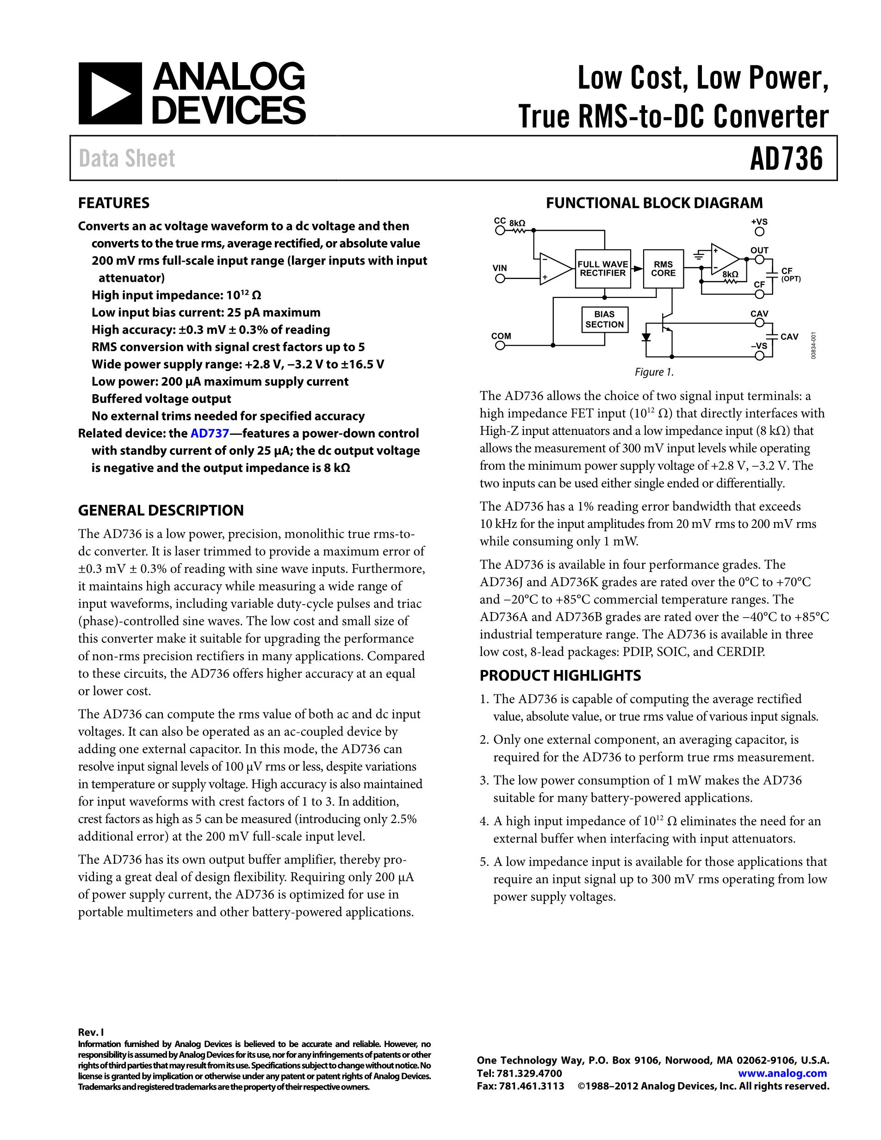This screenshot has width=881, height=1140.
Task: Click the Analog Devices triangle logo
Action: (x=110, y=93)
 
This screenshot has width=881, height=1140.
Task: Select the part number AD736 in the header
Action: (x=786, y=159)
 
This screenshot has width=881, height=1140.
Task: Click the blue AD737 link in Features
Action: (x=210, y=433)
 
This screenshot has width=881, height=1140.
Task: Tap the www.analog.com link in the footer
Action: (x=782, y=1073)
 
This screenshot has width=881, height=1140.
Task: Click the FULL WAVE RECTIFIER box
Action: (x=603, y=269)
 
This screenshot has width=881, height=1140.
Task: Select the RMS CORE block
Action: (x=663, y=269)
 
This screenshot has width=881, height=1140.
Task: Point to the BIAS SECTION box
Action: (x=604, y=319)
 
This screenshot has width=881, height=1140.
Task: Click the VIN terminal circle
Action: (x=500, y=279)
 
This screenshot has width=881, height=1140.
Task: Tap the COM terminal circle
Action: (x=500, y=346)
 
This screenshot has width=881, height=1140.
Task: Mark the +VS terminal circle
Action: (x=760, y=232)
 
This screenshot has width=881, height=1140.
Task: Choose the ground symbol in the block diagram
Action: (x=698, y=255)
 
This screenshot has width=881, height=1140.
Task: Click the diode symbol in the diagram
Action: (x=647, y=337)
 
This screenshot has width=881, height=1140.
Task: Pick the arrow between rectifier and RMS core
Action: (x=637, y=269)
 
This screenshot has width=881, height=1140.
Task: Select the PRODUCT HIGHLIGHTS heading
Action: (x=560, y=675)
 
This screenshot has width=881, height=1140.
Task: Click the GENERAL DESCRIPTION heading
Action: (x=161, y=510)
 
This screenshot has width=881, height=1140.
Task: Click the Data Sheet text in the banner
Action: (x=127, y=159)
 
